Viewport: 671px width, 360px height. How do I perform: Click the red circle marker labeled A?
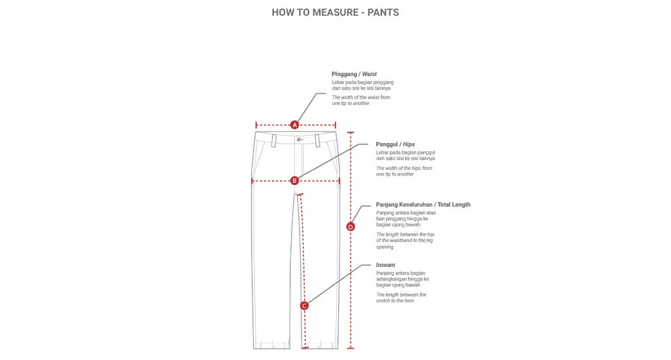295,125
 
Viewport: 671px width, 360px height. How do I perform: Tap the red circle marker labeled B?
295,180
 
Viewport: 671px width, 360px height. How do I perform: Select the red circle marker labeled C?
304,306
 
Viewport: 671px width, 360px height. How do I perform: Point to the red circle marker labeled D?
351,227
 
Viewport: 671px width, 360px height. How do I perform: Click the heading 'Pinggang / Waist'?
354,74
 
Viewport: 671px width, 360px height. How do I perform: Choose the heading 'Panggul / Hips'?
395,144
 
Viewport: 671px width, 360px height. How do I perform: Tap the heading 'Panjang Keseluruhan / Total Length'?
423,205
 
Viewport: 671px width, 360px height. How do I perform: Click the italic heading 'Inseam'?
385,265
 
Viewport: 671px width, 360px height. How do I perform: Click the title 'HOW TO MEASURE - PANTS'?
335,12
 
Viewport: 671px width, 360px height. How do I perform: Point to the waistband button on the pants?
298,139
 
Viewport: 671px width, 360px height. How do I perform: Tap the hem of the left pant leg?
272,346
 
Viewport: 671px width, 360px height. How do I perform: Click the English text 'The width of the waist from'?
360,97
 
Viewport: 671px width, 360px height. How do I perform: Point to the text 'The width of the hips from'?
404,168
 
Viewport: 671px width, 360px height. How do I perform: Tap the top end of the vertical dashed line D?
351,132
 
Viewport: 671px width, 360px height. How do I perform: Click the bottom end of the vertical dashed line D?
351,348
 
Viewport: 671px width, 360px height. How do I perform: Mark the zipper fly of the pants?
302,164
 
